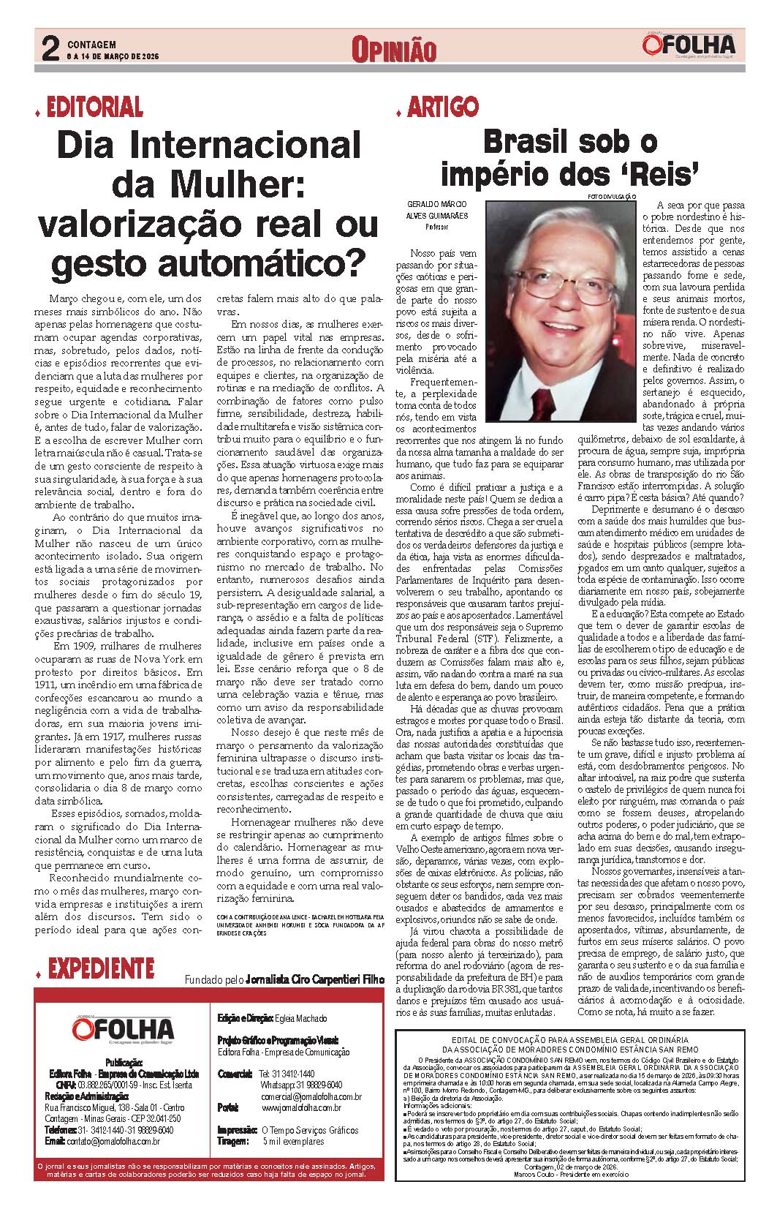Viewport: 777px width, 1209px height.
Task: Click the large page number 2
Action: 50,50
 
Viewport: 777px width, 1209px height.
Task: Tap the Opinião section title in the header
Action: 393,50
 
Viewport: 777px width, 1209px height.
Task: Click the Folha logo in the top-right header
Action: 689,46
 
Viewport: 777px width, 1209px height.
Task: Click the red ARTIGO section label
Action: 443,108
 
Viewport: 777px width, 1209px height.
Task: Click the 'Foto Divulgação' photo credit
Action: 611,197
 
